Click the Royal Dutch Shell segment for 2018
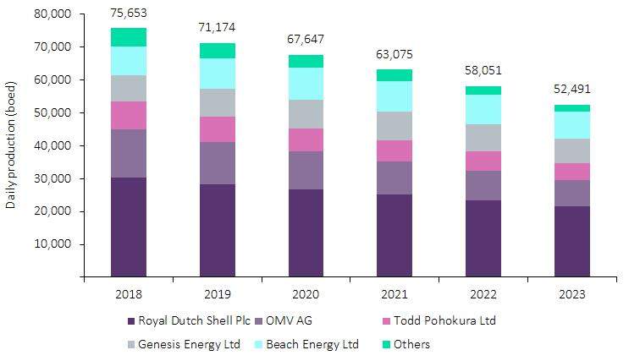(x=128, y=227)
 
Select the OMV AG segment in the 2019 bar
(x=217, y=163)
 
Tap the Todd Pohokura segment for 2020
(x=306, y=139)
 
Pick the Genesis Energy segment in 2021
(x=395, y=125)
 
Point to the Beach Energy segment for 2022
(x=483, y=109)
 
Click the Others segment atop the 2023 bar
(x=572, y=108)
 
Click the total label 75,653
(x=129, y=13)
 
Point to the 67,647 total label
(x=306, y=40)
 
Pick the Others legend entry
(x=411, y=344)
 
